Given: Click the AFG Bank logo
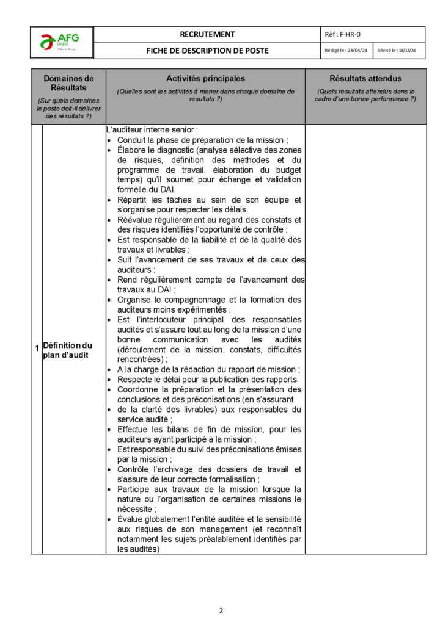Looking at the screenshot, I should pyautogui.click(x=62, y=42).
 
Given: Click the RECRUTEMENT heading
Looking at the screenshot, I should pyautogui.click(x=207, y=34).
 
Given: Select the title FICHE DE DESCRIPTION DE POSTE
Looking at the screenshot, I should pyautogui.click(x=207, y=51).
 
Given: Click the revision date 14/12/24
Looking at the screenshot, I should pyautogui.click(x=406, y=51).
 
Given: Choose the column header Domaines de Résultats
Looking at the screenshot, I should pyautogui.click(x=68, y=83).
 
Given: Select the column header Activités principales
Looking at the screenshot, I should pyautogui.click(x=205, y=79).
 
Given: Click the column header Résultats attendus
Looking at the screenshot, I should pyautogui.click(x=365, y=79).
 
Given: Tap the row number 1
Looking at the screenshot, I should pyautogui.click(x=37, y=349).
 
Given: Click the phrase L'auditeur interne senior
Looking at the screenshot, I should pyautogui.click(x=152, y=130).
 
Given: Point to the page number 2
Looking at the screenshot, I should pyautogui.click(x=221, y=610).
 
